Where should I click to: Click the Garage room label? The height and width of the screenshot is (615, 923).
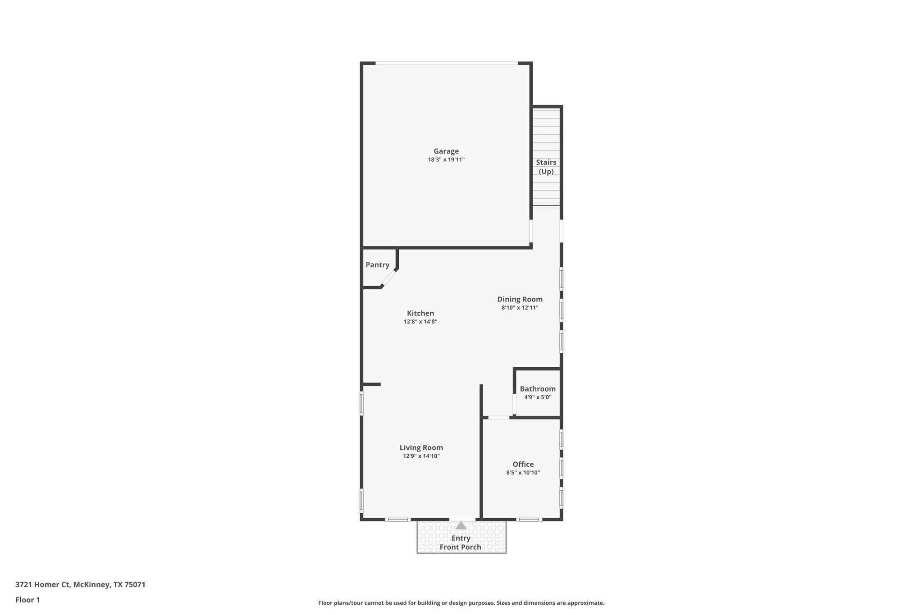(x=446, y=151)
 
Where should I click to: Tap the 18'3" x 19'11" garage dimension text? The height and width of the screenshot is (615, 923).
(x=446, y=159)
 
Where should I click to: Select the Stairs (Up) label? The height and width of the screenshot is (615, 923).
(x=546, y=167)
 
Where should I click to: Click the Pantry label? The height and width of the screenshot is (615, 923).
(x=377, y=265)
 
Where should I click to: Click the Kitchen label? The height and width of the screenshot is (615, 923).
(x=420, y=314)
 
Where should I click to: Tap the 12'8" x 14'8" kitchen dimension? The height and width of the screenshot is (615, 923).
(x=420, y=322)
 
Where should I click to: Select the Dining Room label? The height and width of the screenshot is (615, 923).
(x=520, y=299)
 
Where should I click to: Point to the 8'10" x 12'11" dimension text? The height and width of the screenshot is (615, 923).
(x=520, y=308)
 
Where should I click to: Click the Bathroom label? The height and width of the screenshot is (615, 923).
(x=538, y=389)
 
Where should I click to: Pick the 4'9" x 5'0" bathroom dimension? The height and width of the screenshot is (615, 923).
(x=538, y=397)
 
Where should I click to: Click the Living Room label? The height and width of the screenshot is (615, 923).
(x=421, y=448)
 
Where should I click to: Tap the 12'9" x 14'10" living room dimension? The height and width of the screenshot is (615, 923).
(x=421, y=456)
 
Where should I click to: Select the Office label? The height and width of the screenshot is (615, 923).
(x=523, y=465)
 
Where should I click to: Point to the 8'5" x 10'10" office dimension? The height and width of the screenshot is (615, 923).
(x=523, y=473)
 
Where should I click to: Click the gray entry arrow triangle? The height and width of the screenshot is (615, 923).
(x=461, y=525)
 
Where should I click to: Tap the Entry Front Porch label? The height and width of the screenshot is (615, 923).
(x=461, y=543)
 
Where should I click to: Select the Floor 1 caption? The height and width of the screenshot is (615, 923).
(x=27, y=600)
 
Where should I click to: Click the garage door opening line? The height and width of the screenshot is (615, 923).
(x=446, y=63)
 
